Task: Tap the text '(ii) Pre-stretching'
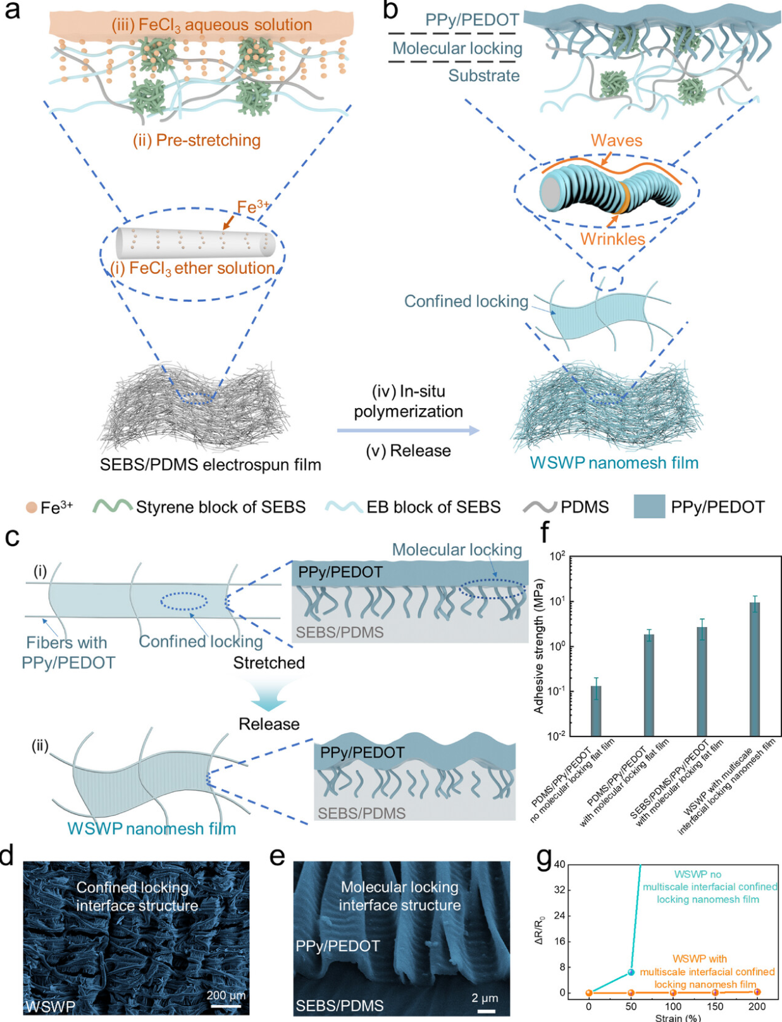tap(197, 140)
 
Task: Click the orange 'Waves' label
tap(616, 140)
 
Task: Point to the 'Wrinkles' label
tap(612, 239)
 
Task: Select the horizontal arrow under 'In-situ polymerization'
tap(408, 431)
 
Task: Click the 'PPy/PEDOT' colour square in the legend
tap(649, 507)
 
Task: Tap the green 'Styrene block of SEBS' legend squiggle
tap(113, 507)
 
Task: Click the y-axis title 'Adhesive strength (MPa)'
tap(539, 645)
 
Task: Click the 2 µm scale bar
tap(486, 1011)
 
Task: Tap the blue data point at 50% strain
tap(631, 971)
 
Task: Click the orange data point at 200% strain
tap(757, 992)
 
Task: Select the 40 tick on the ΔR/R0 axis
tap(559, 864)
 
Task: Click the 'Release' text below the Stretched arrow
tap(269, 724)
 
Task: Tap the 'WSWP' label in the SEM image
tap(51, 1006)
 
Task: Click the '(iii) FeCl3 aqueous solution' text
tap(212, 25)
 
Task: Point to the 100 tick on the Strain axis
tap(673, 1007)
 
